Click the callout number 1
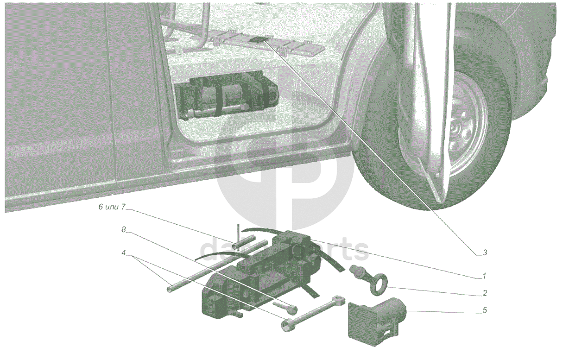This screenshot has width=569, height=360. pyautogui.click(x=484, y=276)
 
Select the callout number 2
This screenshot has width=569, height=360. pyautogui.click(x=485, y=293)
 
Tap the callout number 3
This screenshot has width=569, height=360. pyautogui.click(x=485, y=253)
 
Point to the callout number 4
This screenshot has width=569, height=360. pyautogui.click(x=124, y=253)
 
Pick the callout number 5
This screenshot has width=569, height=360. pyautogui.click(x=485, y=310)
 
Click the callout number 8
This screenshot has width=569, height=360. pyautogui.click(x=124, y=230)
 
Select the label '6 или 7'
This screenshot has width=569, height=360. pyautogui.click(x=112, y=207)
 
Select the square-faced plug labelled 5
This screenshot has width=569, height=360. pyautogui.click(x=376, y=321)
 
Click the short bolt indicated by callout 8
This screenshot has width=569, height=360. pyautogui.click(x=285, y=307)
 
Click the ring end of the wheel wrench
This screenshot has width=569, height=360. pyautogui.click(x=339, y=300)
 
